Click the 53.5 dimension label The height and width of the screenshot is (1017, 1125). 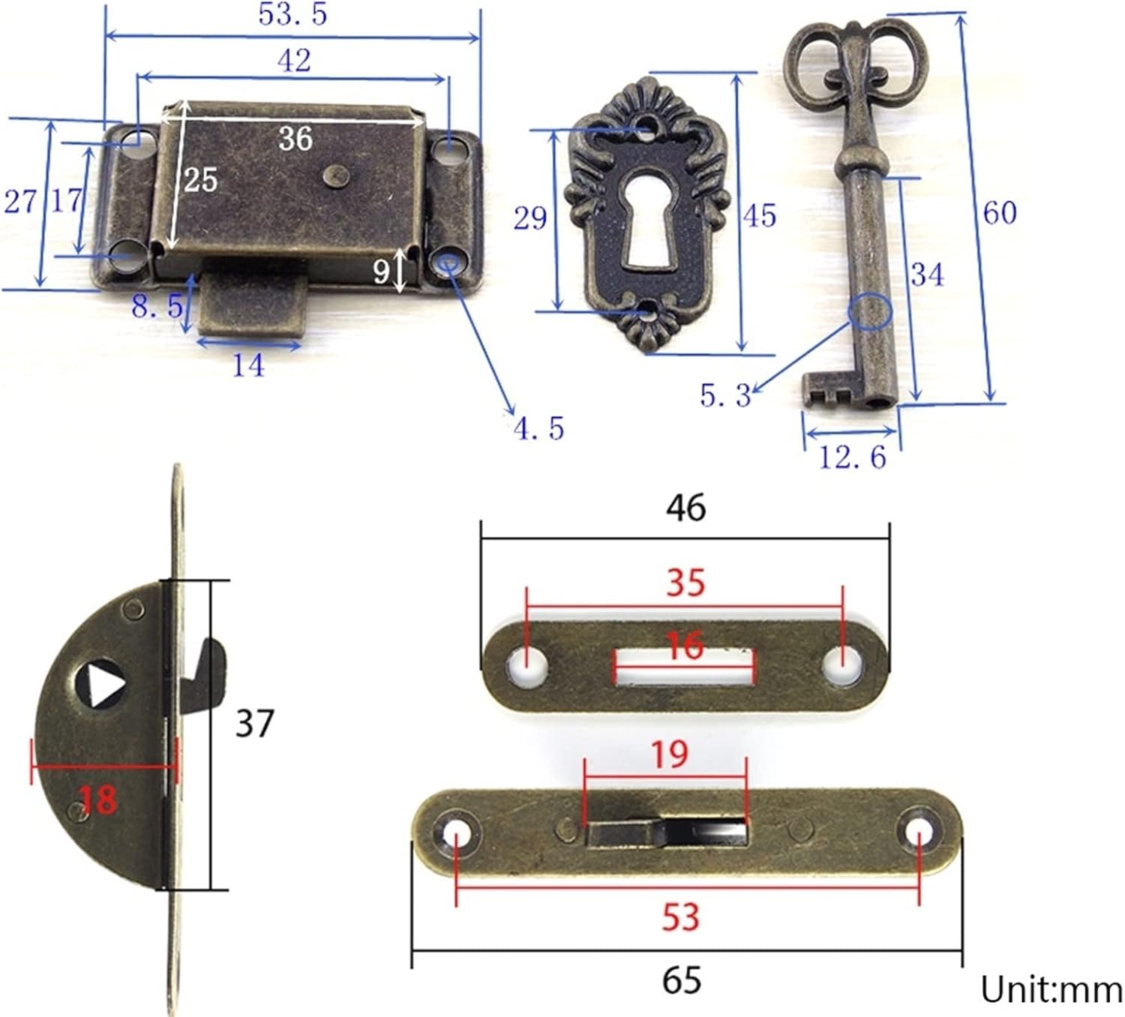coord(292,14)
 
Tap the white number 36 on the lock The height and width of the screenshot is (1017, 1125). coord(295,139)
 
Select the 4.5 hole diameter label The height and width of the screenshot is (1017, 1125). coord(538,428)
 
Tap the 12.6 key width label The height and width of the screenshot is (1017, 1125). coord(852,457)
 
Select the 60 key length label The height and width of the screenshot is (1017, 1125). coord(1000,213)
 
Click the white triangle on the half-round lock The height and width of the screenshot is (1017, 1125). coord(103,682)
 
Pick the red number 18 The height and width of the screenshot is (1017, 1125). coord(98,799)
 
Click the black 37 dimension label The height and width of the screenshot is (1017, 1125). coord(254,723)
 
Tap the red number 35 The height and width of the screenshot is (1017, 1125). coord(685,583)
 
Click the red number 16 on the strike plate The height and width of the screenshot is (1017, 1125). coord(685,646)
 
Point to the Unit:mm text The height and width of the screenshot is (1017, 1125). coord(1051,990)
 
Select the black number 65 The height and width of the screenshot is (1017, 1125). coord(681,980)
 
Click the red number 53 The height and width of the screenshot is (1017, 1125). coord(680,917)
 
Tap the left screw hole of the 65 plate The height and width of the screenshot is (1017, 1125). coord(455,832)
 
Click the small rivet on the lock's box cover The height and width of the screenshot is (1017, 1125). coord(333,175)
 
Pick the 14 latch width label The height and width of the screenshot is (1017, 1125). coord(248,366)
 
